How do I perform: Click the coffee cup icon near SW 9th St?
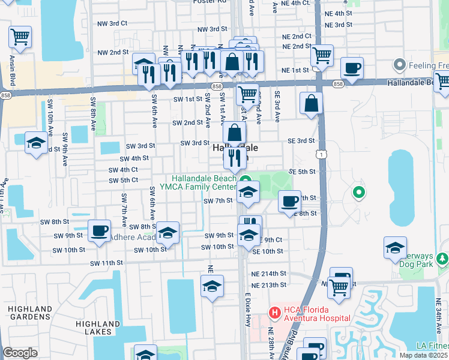[100, 230]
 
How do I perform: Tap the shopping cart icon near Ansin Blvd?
[20, 37]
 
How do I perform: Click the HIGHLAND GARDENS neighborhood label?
[29, 312]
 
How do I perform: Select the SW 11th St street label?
[106, 263]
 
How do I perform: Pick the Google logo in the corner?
[20, 353]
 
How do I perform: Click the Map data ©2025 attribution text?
[423, 355]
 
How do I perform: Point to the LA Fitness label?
[432, 346]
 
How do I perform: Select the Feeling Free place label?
[423, 64]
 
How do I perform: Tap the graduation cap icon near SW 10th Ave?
[36, 143]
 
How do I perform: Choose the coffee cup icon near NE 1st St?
[352, 68]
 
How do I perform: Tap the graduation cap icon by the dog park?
[395, 247]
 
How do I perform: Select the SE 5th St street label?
[302, 172]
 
